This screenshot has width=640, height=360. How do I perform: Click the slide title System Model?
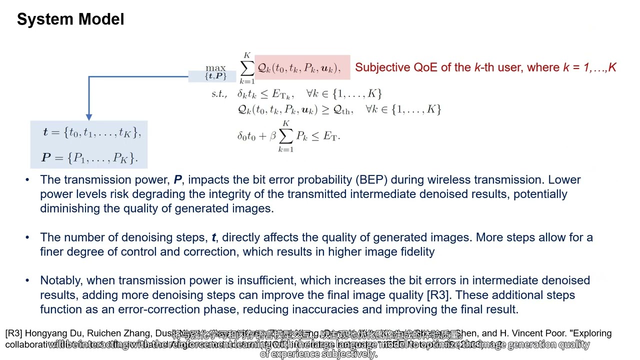coord(70,19)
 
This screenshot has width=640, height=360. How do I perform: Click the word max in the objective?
coord(215,68)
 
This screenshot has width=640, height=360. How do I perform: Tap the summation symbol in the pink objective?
coord(247,68)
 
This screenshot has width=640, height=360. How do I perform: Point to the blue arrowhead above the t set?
coord(89,116)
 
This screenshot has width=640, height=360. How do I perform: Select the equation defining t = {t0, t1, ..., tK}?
coord(92,132)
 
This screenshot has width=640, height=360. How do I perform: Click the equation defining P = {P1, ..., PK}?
coord(89,158)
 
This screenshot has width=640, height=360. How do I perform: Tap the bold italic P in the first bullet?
coord(178,180)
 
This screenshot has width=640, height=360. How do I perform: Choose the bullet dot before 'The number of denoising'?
coord(27,237)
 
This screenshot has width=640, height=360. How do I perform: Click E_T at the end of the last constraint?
coord(329,136)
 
